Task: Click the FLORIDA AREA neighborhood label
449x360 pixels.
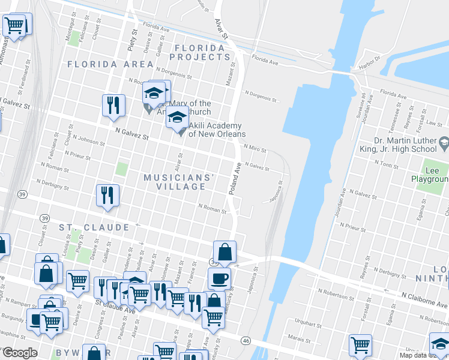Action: click(x=110, y=64)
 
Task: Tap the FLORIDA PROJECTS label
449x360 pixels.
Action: click(x=200, y=52)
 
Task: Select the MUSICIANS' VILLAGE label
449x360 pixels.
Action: click(x=179, y=182)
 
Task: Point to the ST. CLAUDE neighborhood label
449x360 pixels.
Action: click(x=94, y=228)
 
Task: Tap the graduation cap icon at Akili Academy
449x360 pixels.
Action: click(x=177, y=118)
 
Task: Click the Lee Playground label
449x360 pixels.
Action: click(x=430, y=175)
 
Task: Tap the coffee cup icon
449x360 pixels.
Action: click(x=219, y=278)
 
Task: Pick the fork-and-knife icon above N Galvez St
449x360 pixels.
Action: click(x=113, y=104)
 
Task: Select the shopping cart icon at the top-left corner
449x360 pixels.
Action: click(x=14, y=25)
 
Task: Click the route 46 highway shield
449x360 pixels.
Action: click(x=246, y=340)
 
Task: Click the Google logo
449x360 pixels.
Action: click(x=19, y=353)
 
